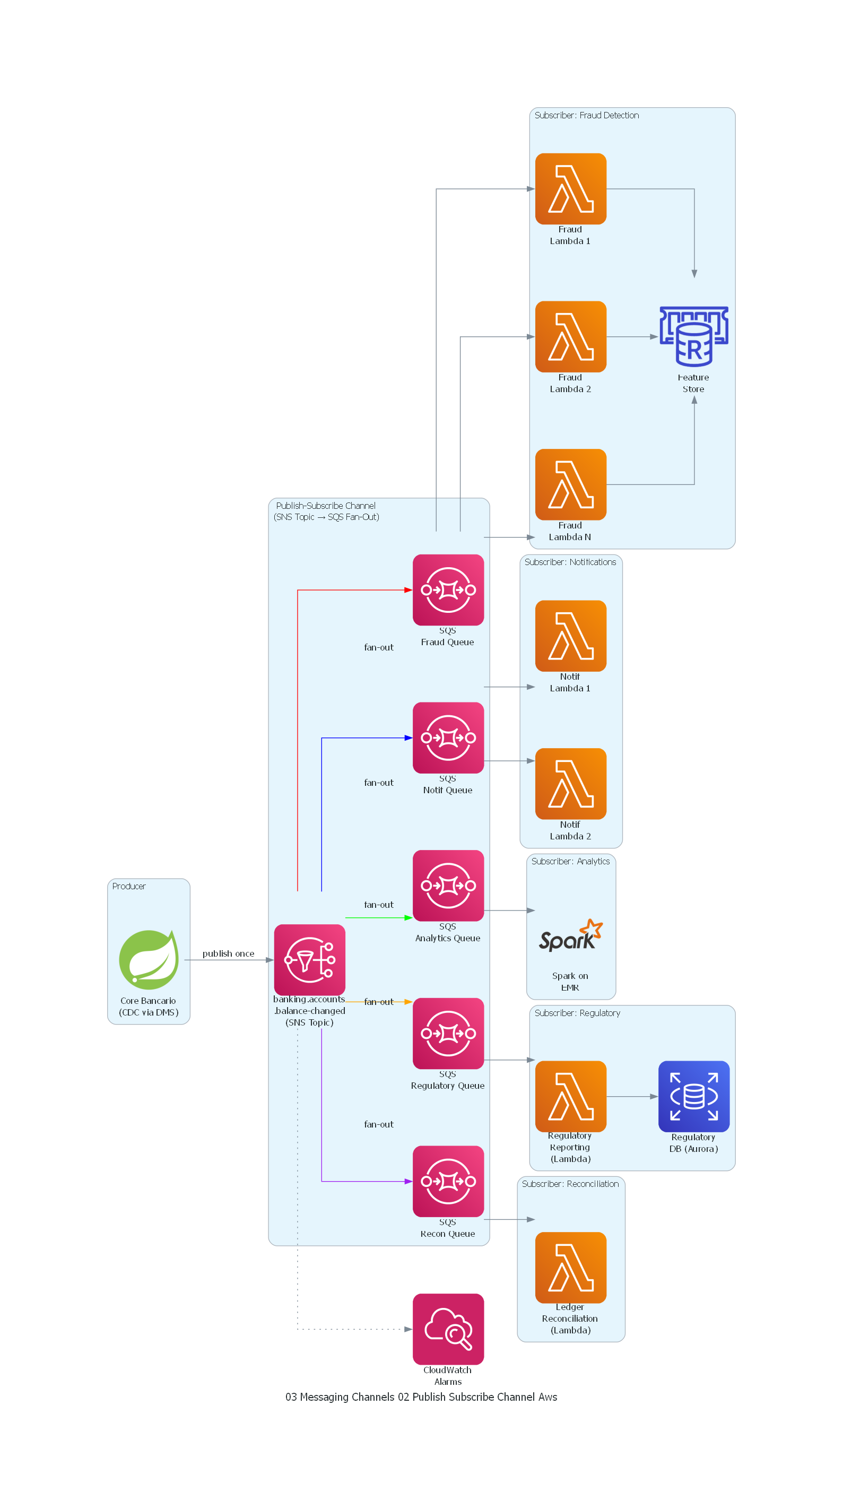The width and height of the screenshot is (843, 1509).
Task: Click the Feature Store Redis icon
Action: (x=693, y=336)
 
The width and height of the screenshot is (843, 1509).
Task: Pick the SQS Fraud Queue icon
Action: (x=448, y=589)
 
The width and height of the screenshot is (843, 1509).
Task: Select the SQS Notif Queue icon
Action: (x=448, y=737)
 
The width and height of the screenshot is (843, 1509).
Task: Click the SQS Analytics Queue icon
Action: (x=448, y=884)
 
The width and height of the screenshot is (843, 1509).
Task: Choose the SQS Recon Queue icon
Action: (x=448, y=1181)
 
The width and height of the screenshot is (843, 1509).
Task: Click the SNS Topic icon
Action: (x=309, y=959)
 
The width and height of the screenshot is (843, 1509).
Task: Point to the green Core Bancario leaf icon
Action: (x=149, y=959)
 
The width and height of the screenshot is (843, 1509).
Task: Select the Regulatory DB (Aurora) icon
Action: (x=693, y=1096)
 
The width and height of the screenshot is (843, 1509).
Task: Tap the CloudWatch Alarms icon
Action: (x=448, y=1329)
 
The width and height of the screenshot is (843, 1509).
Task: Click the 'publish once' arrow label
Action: (x=229, y=953)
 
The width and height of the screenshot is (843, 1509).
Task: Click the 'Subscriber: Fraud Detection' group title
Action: (x=586, y=115)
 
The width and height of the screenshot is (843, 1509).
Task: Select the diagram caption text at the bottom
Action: (x=421, y=1397)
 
